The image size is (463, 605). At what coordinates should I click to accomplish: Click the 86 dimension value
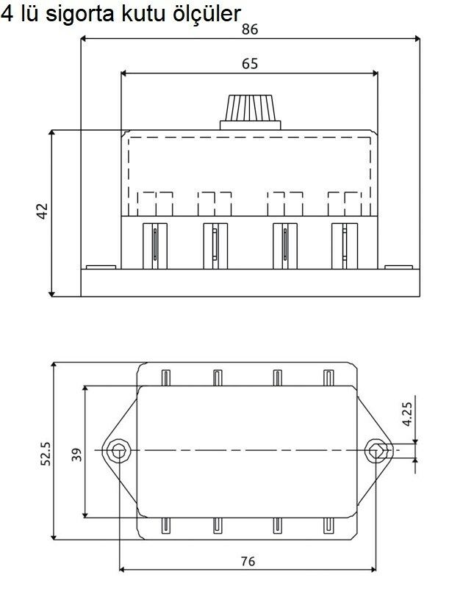point(250,29)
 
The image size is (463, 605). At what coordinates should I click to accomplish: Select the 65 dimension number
point(250,64)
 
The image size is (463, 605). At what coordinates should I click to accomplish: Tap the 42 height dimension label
point(42,211)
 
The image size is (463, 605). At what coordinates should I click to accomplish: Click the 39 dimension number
point(77,455)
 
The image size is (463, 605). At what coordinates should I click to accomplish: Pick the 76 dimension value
point(248,561)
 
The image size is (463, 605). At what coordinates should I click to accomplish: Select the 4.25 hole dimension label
point(407,414)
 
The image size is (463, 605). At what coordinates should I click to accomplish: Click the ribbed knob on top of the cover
point(250,112)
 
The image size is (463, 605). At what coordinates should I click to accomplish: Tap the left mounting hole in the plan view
point(118,450)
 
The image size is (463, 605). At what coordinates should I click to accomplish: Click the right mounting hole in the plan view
point(376,450)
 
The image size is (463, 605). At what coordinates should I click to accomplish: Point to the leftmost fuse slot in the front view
point(155,246)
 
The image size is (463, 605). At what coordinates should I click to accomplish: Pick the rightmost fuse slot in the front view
point(345,246)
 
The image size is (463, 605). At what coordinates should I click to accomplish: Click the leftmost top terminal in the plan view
point(165,377)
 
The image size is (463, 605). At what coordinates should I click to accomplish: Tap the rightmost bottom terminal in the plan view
point(328,526)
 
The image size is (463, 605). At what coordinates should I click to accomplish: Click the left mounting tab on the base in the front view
point(101,267)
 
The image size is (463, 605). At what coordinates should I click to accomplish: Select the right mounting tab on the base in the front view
point(398,267)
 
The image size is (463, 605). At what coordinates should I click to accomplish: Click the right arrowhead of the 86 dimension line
point(417,39)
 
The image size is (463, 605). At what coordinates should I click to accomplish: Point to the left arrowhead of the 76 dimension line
point(122,569)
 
